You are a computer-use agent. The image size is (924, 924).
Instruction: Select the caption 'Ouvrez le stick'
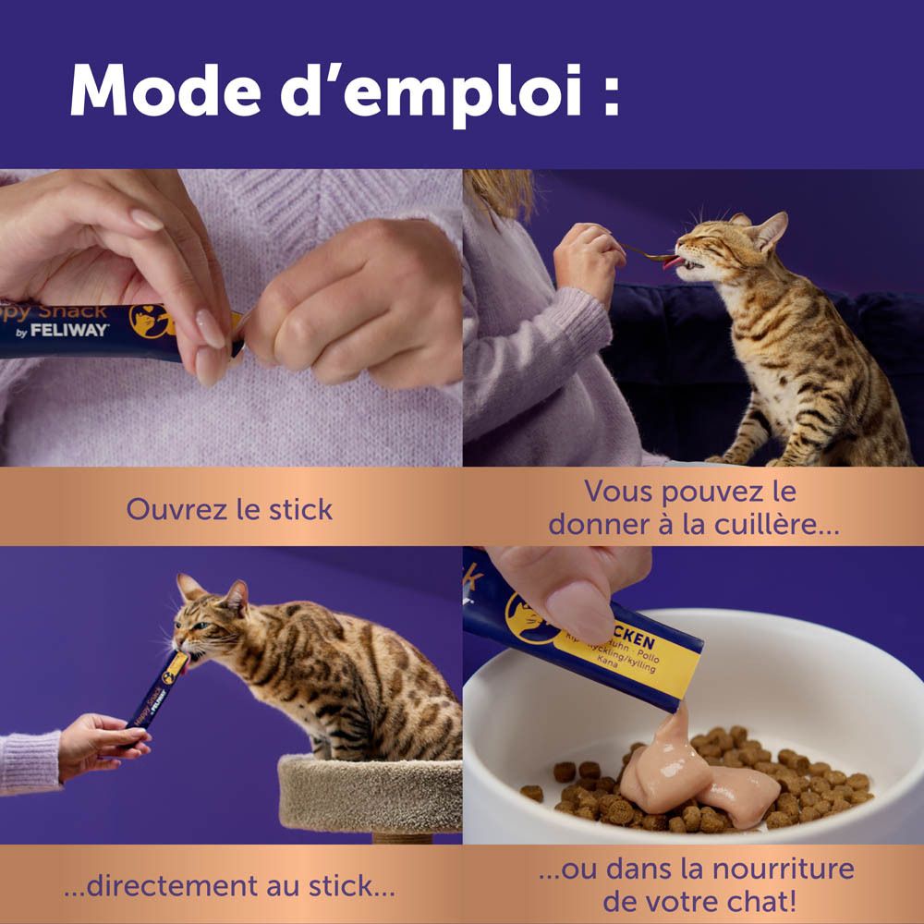pos(229,509)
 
